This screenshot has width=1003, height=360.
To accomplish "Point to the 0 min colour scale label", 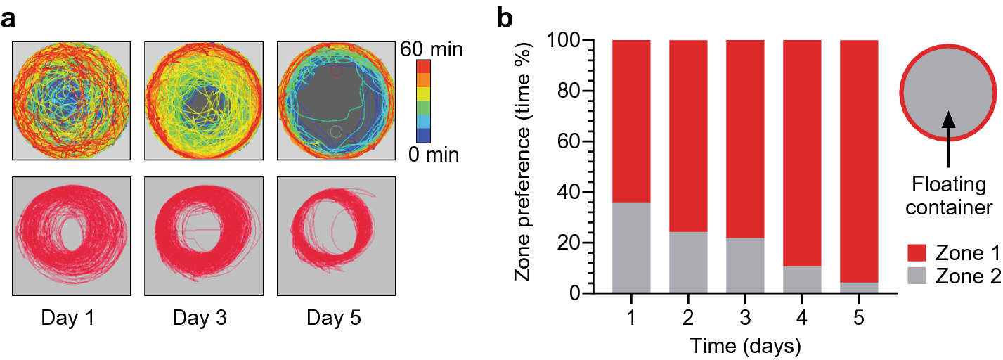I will [x=433, y=154].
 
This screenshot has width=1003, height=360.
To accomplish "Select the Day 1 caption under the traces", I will [x=70, y=319].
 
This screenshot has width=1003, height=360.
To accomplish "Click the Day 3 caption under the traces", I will [x=202, y=319].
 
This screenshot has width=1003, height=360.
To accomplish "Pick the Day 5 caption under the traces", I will [x=335, y=319].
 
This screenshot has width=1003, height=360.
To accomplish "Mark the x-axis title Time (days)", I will [x=744, y=345].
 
